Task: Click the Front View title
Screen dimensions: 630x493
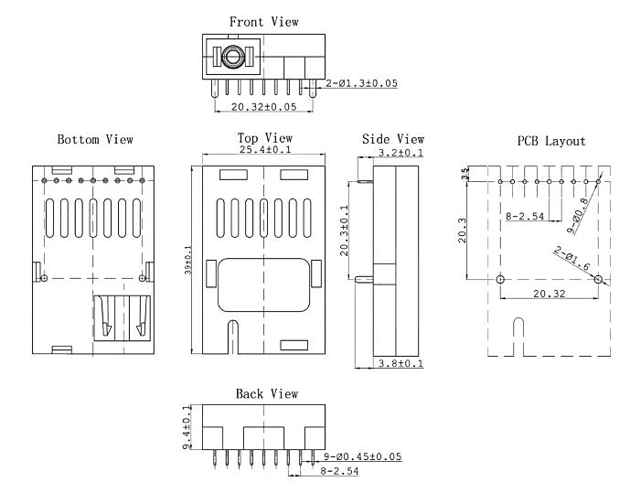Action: tap(264, 22)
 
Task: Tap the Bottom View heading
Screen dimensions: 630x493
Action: tap(95, 139)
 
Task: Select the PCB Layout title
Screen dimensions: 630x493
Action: tap(551, 141)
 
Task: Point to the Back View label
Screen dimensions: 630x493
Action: tap(267, 393)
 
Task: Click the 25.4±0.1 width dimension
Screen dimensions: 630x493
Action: tap(265, 149)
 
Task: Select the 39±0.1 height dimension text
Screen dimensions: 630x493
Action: tap(188, 260)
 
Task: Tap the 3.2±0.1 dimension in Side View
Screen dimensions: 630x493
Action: tap(400, 153)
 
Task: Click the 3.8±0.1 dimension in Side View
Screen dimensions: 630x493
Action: tap(400, 364)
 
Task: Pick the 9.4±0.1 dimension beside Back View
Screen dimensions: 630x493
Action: tap(187, 427)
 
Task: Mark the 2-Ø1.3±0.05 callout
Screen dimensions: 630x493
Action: tap(361, 83)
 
